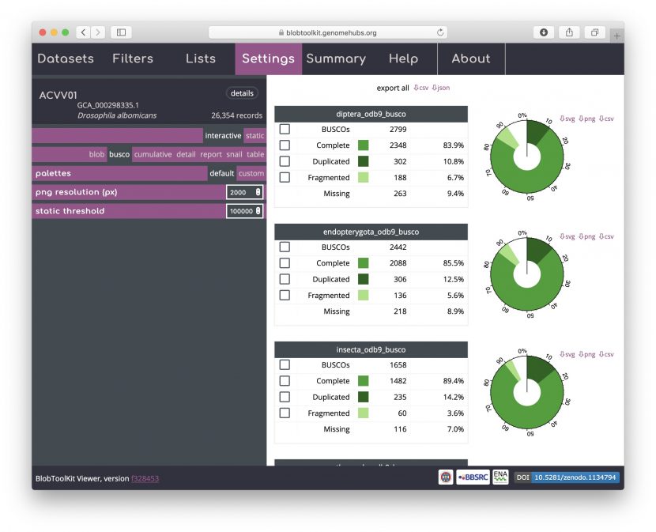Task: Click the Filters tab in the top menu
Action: point(133,59)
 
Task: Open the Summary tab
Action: point(336,59)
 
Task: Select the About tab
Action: point(471,59)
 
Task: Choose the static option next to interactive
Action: point(254,136)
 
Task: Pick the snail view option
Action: point(234,155)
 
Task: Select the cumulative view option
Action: point(153,155)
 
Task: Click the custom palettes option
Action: point(251,174)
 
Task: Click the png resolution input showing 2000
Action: point(243,193)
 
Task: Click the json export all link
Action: point(440,88)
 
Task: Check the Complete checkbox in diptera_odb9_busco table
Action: point(285,145)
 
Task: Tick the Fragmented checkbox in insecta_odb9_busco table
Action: point(285,413)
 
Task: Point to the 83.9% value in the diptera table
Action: point(453,145)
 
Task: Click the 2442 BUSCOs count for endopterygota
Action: point(398,247)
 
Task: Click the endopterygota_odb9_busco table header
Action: point(371,232)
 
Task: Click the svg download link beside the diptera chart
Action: point(567,119)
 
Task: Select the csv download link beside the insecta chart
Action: point(606,354)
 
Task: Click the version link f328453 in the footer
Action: point(145,478)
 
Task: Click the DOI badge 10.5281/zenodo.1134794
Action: point(575,477)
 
